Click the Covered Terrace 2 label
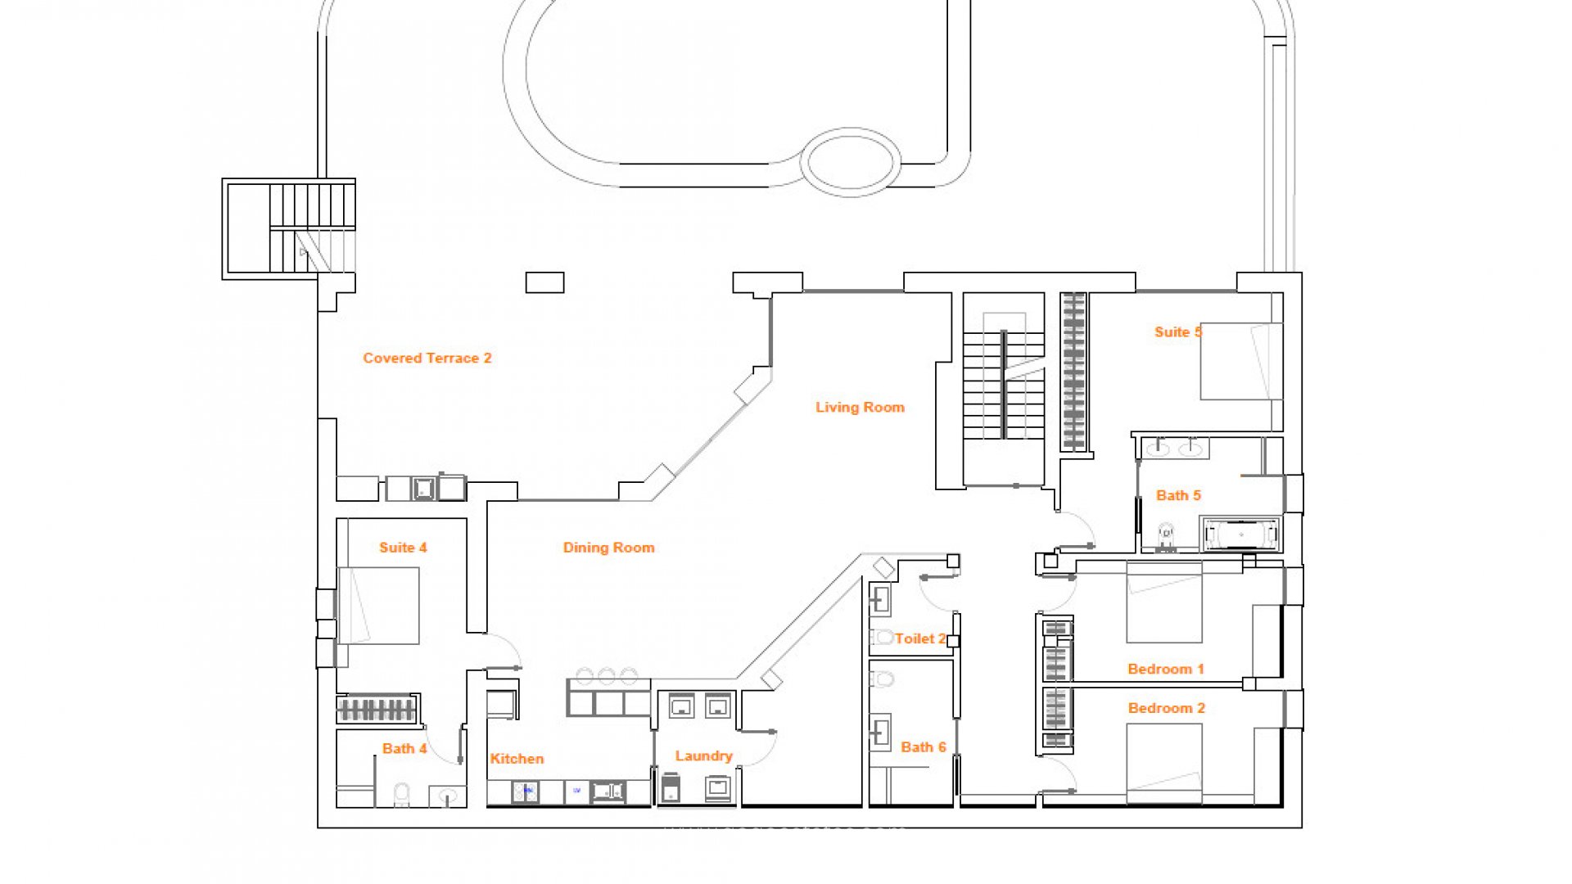pos(427,358)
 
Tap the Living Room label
pos(860,407)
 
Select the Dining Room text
pos(608,548)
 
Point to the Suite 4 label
pos(403,548)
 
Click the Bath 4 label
pos(404,748)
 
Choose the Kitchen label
pos(517,759)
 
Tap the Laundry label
pos(703,755)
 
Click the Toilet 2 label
pos(920,638)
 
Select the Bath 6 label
pos(924,746)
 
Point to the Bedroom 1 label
pos(1166,669)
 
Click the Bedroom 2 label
pos(1167,708)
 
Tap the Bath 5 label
pos(1178,495)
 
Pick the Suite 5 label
pos(1178,331)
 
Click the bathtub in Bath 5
pos(1241,534)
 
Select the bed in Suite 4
pos(378,606)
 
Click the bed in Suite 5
pos(1241,361)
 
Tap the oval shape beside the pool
pos(850,162)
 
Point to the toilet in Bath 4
pos(401,795)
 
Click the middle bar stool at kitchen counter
pos(607,675)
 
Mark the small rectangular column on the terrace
pos(544,282)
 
